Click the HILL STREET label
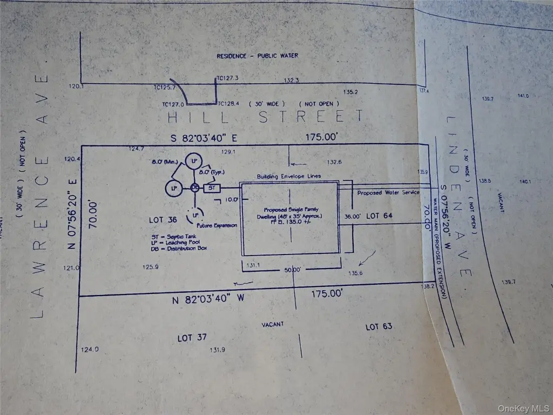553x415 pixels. (265, 116)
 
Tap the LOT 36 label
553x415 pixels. (164, 220)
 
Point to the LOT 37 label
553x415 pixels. (192, 338)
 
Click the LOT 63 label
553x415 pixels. (379, 327)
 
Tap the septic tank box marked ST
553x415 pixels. (212, 188)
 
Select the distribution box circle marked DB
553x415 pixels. (195, 188)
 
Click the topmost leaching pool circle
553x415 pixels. (193, 160)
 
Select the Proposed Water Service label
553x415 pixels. (388, 192)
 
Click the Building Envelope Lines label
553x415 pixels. (288, 176)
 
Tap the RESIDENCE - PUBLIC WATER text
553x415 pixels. (257, 56)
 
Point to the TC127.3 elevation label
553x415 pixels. (227, 78)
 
